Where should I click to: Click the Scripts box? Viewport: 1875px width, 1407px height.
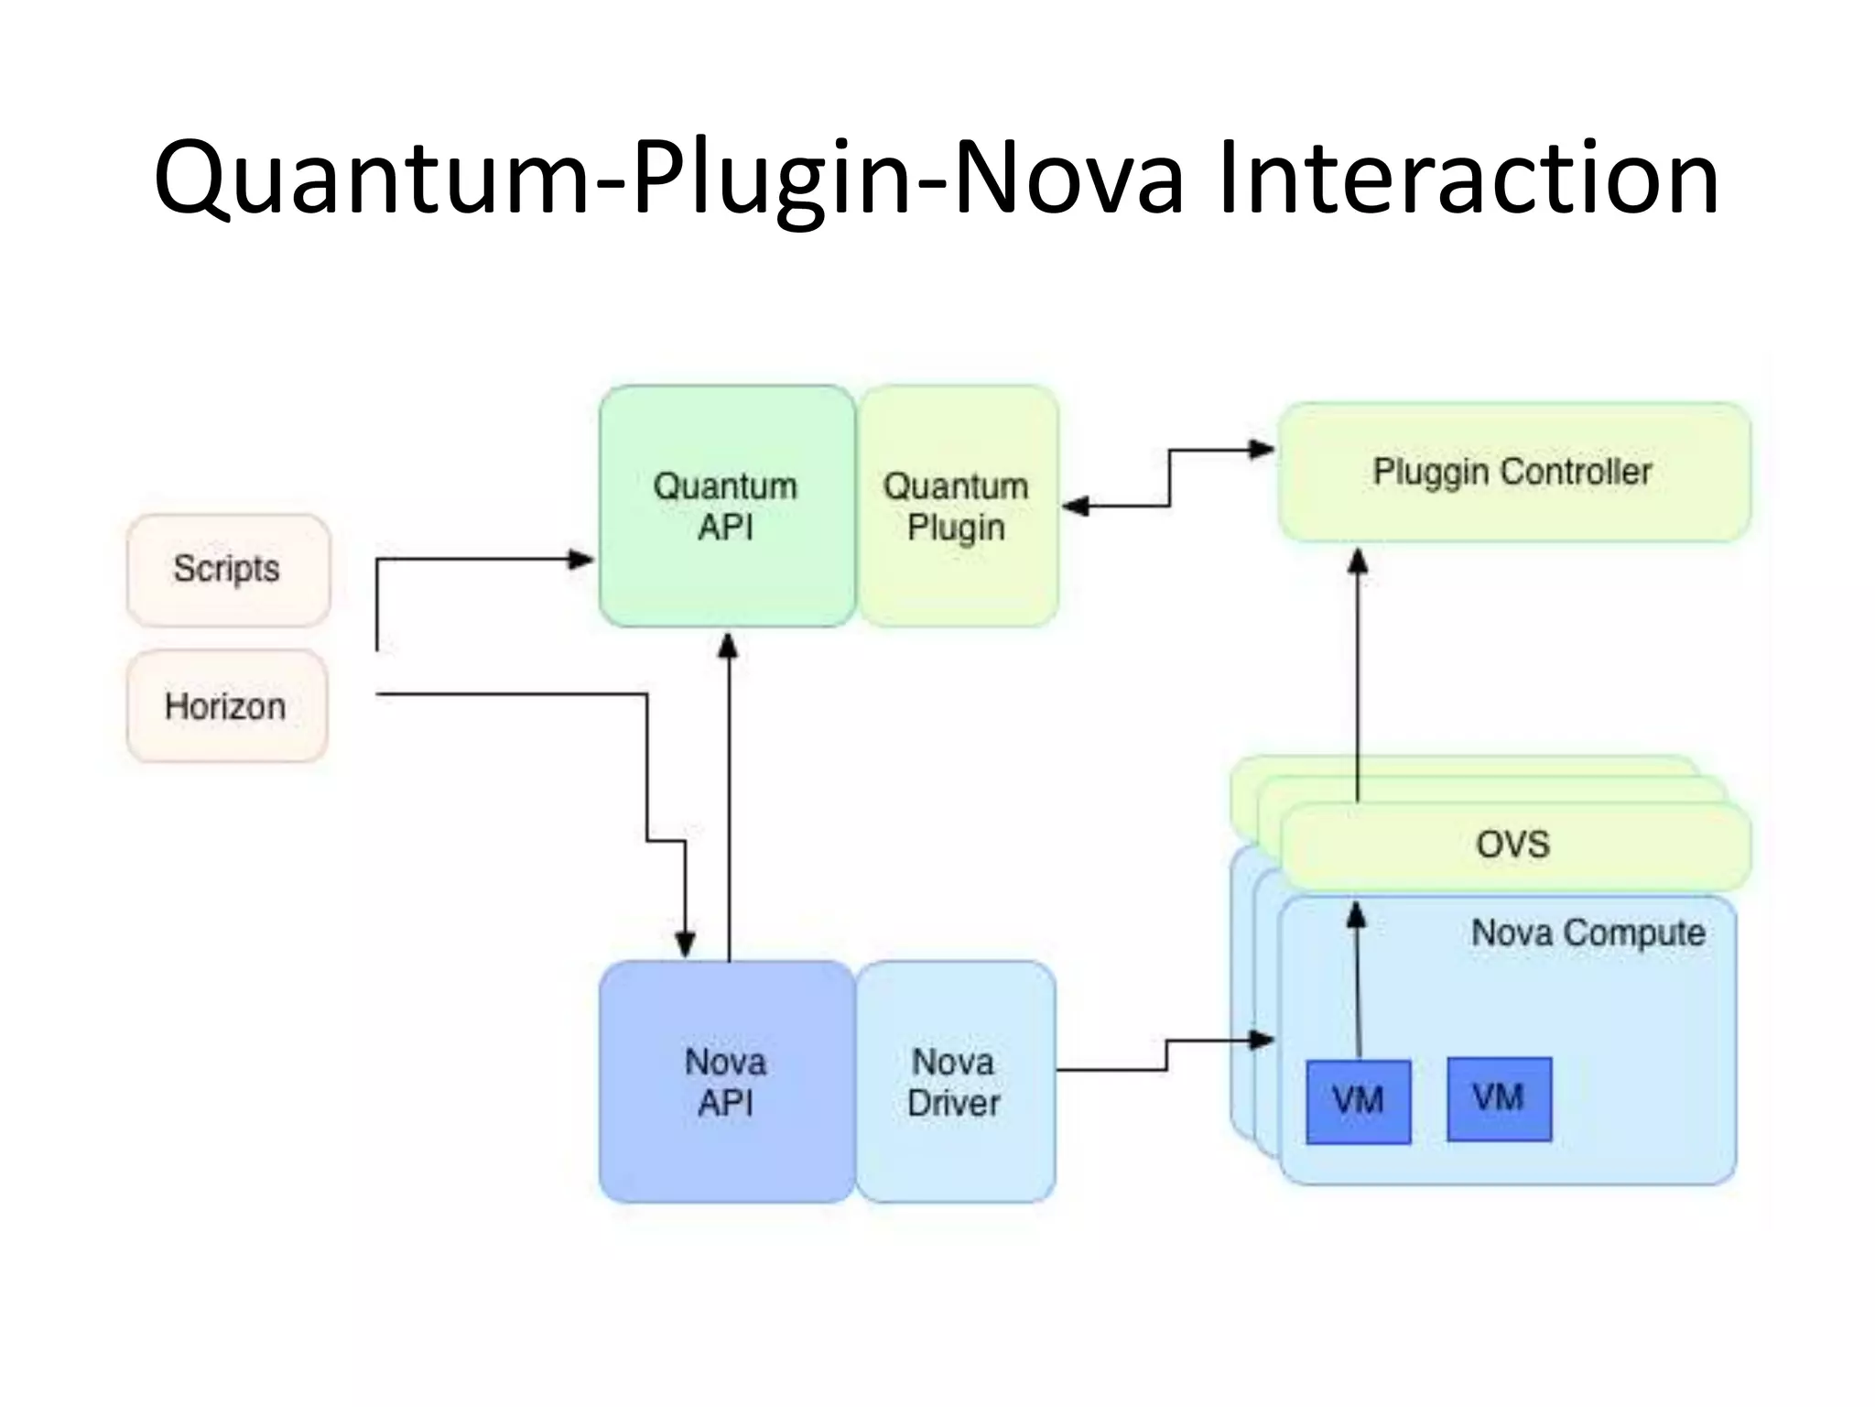227,570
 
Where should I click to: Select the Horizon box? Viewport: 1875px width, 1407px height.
226,706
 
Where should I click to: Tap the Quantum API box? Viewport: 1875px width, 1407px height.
726,506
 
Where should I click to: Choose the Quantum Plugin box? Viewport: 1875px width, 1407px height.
957,506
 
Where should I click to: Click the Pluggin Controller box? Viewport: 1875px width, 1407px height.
1512,472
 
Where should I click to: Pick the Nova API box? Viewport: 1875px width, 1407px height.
726,1082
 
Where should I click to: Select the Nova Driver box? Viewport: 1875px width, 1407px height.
954,1082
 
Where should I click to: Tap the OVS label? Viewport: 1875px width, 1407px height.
1512,844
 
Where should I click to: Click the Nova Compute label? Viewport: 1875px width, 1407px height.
1588,933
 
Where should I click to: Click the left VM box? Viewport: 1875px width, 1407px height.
1358,1101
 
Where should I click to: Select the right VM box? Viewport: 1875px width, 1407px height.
1499,1098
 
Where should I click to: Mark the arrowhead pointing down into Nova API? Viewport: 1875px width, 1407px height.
685,943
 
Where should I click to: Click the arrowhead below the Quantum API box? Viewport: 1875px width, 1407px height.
728,647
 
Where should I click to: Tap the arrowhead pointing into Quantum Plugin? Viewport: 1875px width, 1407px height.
1075,506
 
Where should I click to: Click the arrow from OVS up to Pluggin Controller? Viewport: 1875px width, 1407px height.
1359,678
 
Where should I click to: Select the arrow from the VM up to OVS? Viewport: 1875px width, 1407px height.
1358,980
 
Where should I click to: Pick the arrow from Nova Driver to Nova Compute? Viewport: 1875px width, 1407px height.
1166,1055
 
